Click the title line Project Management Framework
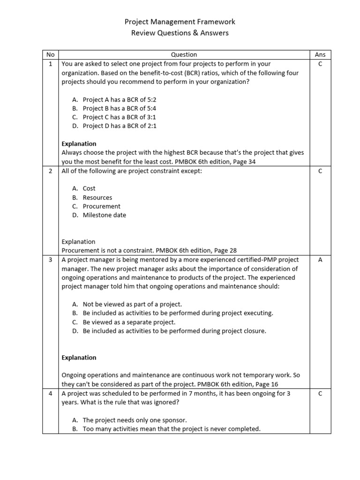pos(180,22)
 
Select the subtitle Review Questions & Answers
pos(180,33)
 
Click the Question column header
pos(184,55)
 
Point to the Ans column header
pos(320,55)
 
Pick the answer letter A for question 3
pos(320,260)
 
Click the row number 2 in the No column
pos(51,171)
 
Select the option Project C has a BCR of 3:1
pos(119,117)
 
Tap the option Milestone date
pos(104,215)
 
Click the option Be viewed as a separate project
pos(129,322)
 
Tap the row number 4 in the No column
pos(51,394)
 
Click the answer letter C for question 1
pos(320,64)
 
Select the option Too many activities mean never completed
pos(171,429)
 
